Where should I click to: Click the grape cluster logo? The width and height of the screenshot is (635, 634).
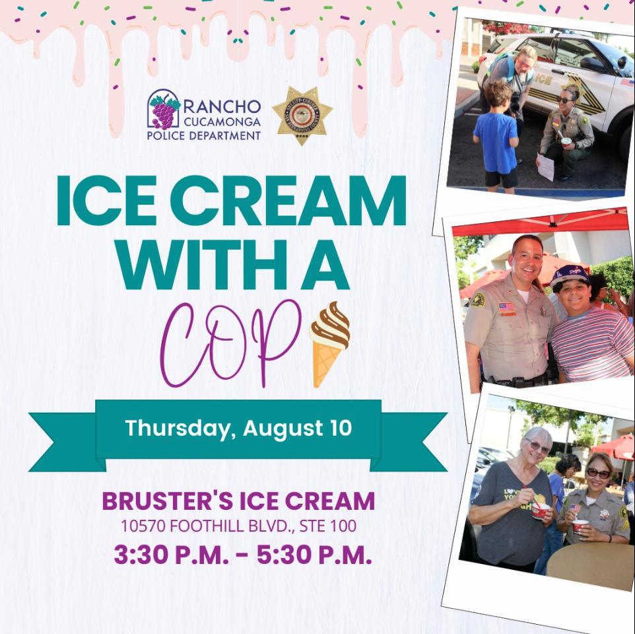coord(164,110)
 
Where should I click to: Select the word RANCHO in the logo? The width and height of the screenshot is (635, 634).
coord(222,106)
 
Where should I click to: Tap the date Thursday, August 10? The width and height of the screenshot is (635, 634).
coord(238,428)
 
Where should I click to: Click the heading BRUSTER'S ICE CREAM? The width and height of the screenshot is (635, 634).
coord(238,501)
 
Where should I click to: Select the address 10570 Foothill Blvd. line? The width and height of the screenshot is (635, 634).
coord(238,526)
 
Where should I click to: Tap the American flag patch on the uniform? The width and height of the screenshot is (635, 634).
coord(506,308)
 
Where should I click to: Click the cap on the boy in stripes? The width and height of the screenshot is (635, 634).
coord(569,273)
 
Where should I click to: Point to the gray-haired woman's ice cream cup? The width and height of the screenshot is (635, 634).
coord(540,511)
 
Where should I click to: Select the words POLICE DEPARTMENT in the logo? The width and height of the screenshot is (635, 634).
coord(204,135)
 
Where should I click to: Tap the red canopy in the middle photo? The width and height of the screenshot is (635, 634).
coord(541,222)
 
